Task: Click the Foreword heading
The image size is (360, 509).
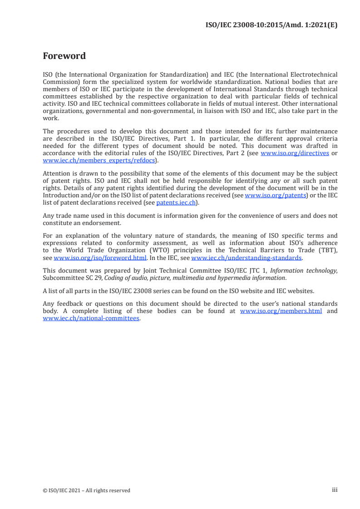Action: [64, 56]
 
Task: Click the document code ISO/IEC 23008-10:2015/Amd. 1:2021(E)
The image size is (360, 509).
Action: [271, 25]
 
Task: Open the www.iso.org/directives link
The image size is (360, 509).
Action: [295, 153]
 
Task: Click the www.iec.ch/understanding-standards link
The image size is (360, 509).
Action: [247, 257]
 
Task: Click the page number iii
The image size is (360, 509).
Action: [335, 490]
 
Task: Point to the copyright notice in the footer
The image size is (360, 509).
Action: [86, 490]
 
